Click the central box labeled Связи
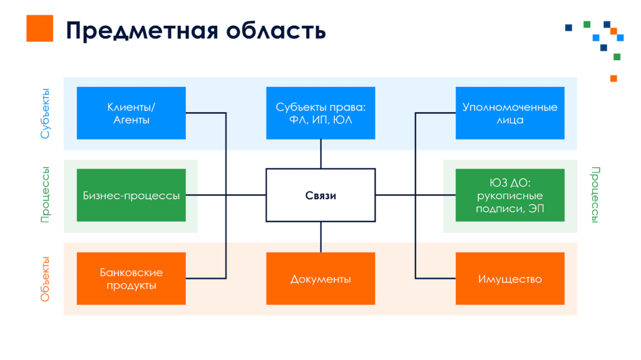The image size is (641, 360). tap(320, 195)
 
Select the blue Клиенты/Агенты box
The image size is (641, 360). tap(131, 113)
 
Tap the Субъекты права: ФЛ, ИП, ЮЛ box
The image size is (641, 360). tap(320, 113)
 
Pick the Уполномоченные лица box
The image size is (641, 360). tap(510, 113)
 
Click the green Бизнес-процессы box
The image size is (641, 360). tap(131, 195)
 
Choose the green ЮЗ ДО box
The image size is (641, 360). tap(510, 195)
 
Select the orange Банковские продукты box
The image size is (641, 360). tap(131, 279)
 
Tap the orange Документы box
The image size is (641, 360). tap(320, 279)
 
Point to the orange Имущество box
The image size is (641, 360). tap(510, 279)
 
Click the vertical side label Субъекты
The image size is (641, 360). tap(45, 113)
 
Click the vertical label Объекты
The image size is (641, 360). tap(45, 279)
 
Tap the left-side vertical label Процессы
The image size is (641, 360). tap(45, 195)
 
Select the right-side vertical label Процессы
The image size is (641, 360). tap(595, 195)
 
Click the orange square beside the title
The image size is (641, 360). tap(39, 29)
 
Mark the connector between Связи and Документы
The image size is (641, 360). tap(320, 237)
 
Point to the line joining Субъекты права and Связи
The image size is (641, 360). tap(320, 153)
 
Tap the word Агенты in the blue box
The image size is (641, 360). tap(131, 120)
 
